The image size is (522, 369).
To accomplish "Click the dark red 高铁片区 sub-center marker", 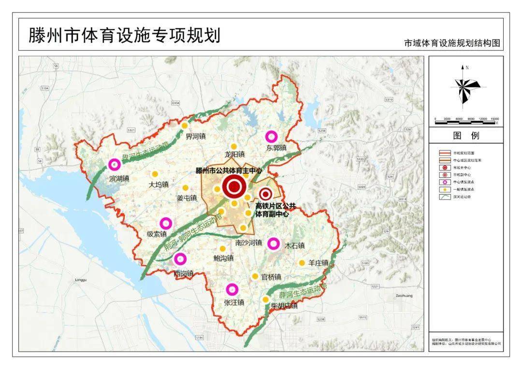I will tap(265, 194).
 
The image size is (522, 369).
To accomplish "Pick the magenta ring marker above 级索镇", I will tap(166, 223).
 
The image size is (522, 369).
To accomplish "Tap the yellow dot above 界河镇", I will tap(184, 126).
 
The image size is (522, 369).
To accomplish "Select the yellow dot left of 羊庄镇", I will tap(302, 263).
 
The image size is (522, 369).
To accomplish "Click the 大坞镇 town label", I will tap(159, 184).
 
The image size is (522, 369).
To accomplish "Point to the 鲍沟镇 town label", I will tap(223, 258).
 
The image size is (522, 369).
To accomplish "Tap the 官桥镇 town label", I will tap(271, 277).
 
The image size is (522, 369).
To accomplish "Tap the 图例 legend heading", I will tap(466, 136).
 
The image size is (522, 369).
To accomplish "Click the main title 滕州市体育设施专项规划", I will tap(124, 35).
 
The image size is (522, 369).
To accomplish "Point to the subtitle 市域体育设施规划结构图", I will tap(451, 43).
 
